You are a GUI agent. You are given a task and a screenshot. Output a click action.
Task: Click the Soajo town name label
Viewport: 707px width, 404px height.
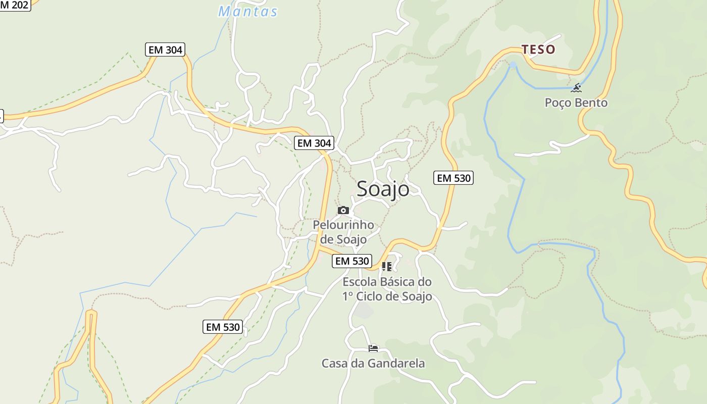click(x=383, y=189)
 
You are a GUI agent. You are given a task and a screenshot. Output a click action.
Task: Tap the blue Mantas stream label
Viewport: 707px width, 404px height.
click(x=248, y=11)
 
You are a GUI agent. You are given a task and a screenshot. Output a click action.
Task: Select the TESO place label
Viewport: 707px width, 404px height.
click(x=538, y=49)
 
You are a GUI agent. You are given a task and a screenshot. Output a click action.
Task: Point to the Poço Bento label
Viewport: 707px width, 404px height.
click(x=576, y=103)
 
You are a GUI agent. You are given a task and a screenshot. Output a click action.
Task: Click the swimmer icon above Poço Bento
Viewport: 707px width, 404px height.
click(x=576, y=88)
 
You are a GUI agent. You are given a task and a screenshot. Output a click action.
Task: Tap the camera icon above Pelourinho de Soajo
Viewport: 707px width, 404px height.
click(x=343, y=210)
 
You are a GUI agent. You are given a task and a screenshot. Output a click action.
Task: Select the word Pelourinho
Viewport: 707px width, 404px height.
click(x=343, y=225)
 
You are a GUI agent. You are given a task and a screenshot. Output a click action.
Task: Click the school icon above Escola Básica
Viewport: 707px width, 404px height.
click(x=387, y=267)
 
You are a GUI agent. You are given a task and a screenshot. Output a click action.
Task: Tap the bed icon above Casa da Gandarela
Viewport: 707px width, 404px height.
click(x=373, y=348)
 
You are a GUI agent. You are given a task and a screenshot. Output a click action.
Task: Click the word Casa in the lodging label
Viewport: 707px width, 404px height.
click(x=335, y=364)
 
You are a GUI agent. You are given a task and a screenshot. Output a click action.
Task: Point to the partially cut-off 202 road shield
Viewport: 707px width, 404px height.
click(x=15, y=5)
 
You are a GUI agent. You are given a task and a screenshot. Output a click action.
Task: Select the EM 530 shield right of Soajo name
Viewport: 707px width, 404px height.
click(x=453, y=178)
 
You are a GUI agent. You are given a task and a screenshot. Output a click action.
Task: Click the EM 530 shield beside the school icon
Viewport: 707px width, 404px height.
click(x=352, y=261)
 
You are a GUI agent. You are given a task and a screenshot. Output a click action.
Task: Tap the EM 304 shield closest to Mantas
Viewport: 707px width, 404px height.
click(x=165, y=49)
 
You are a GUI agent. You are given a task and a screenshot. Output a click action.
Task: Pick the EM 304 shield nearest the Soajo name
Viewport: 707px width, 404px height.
click(x=314, y=143)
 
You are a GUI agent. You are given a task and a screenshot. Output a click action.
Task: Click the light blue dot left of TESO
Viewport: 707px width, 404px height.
click(x=513, y=65)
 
